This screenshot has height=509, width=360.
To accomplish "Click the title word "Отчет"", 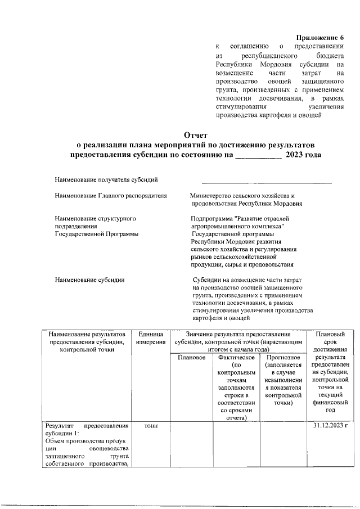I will coord(196,134).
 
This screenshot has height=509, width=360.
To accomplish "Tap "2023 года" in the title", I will coord(303,154).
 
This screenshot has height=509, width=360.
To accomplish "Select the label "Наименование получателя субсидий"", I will coord(106,179).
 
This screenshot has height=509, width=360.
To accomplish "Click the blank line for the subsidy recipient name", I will coord(267,182).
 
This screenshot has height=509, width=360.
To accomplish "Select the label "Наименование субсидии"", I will coord(89,279).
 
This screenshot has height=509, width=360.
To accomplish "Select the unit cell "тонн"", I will coord(151,426).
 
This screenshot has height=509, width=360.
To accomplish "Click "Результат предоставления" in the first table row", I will coord(87,426).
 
